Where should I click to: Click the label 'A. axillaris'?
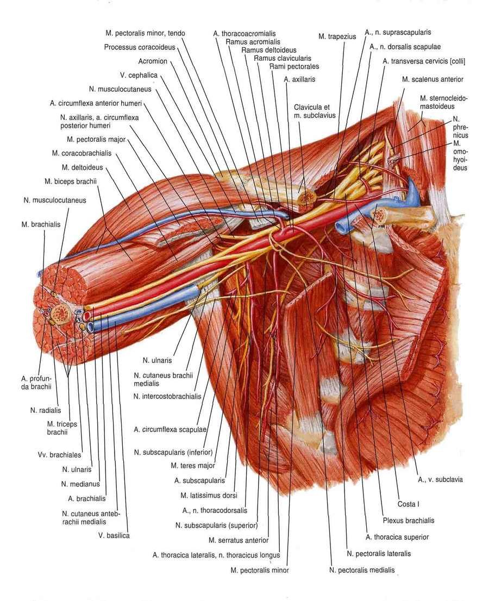(299, 79)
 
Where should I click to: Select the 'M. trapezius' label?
(337, 37)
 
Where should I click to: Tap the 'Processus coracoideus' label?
(140, 47)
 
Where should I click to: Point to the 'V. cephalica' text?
(139, 75)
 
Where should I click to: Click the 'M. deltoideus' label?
(82, 167)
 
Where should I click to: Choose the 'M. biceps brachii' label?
(71, 181)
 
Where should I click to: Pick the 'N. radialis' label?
(45, 410)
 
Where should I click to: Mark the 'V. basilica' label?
(114, 535)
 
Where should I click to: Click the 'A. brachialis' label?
(86, 499)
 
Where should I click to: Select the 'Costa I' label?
(408, 504)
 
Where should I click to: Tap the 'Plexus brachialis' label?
(409, 521)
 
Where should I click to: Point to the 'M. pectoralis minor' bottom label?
(260, 571)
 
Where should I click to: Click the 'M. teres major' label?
(192, 466)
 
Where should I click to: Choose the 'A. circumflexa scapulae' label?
(170, 430)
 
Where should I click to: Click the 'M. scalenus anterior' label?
(432, 79)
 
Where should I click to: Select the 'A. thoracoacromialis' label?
(244, 34)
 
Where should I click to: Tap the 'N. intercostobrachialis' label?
(167, 396)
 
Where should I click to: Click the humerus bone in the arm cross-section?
(60, 312)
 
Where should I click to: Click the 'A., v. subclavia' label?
(440, 479)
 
